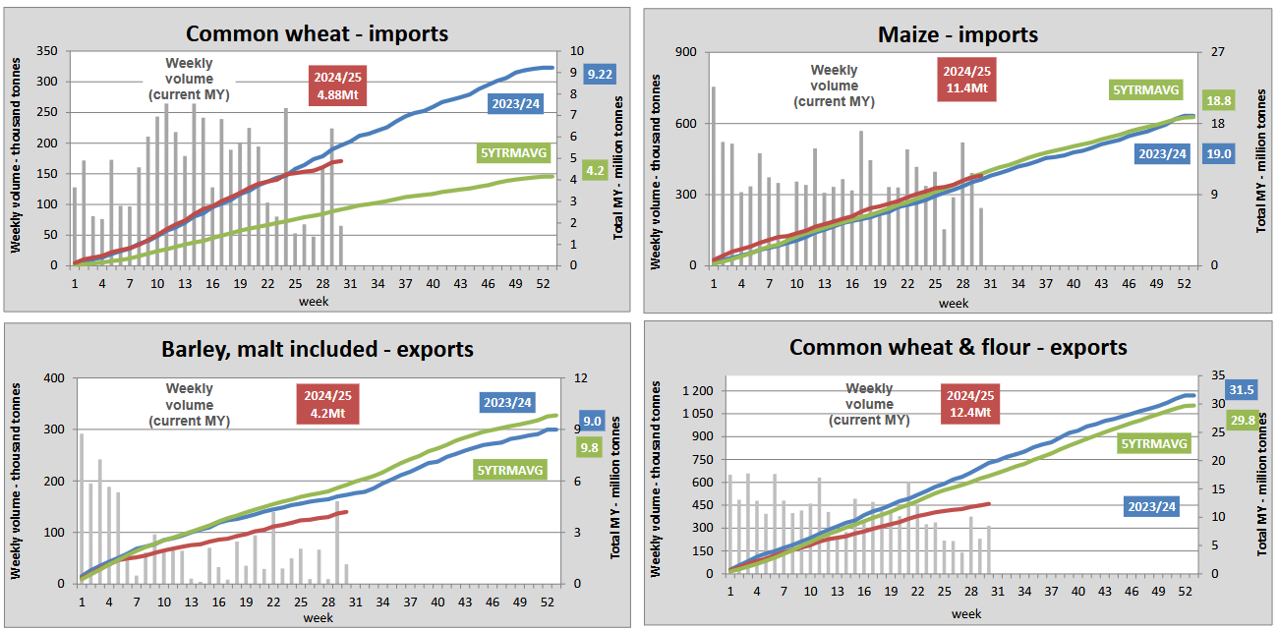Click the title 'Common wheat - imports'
[x=317, y=33]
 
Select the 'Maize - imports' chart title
[x=958, y=34]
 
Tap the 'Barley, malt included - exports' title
[x=318, y=349]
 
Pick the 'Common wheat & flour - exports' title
[x=958, y=347]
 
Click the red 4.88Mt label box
[x=336, y=86]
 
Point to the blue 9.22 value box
[x=600, y=74]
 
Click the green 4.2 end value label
[x=596, y=170]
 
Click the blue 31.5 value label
[x=1244, y=389]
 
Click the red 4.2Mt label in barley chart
[x=323, y=404]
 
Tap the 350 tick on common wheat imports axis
[x=46, y=51]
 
